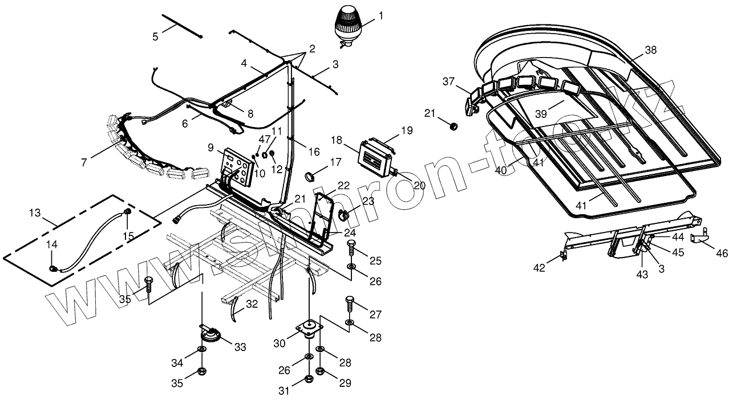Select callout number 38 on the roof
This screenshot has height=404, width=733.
[x=650, y=50]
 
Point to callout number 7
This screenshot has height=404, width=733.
[x=84, y=162]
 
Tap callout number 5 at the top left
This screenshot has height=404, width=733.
[x=155, y=36]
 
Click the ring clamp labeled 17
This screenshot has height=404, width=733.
[x=311, y=175]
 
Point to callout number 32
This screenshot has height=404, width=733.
[x=252, y=304]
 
